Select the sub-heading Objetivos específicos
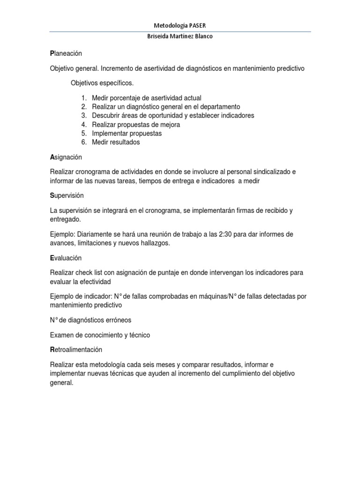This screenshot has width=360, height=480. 102,83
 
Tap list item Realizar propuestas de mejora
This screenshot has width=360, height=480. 136,124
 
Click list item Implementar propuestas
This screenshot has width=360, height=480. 127,133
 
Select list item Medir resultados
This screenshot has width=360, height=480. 116,142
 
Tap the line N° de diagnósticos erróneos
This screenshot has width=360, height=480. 90,320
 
